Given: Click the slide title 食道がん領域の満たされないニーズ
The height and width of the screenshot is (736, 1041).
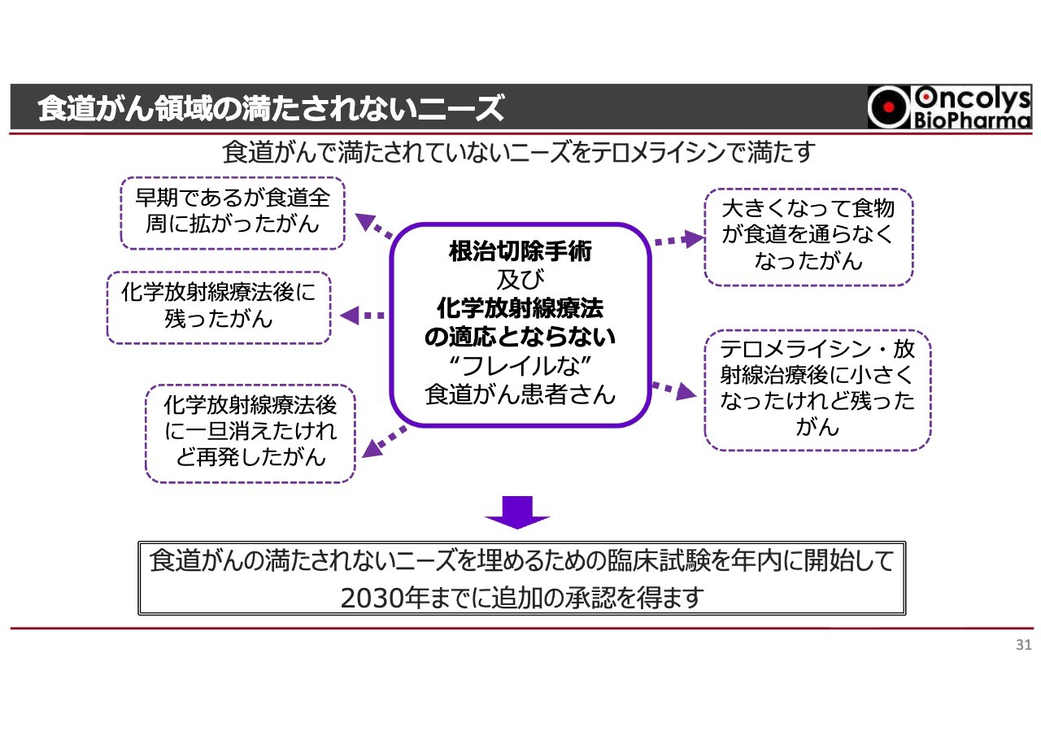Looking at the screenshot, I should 271,108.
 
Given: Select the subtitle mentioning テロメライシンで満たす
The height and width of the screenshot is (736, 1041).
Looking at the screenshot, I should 519,152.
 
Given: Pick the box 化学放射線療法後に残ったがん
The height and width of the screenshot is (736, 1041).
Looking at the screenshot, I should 219,307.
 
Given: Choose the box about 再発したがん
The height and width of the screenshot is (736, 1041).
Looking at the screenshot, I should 250,432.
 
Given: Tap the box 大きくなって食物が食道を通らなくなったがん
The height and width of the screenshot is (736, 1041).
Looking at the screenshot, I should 808,237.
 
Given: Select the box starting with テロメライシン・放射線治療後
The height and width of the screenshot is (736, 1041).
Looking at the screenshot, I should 817,390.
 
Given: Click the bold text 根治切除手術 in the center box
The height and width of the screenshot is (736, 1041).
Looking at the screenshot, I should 520,251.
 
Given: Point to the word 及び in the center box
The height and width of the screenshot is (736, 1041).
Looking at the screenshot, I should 520,280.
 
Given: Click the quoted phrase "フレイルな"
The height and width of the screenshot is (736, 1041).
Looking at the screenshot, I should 520,365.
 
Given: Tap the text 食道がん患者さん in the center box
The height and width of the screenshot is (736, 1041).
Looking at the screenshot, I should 520,394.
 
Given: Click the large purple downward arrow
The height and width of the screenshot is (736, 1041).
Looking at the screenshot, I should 518,512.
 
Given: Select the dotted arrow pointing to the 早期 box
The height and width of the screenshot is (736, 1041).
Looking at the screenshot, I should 373,225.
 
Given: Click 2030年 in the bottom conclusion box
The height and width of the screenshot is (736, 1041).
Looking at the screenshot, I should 373,598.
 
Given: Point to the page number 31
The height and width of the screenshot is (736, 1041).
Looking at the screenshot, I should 1024,646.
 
